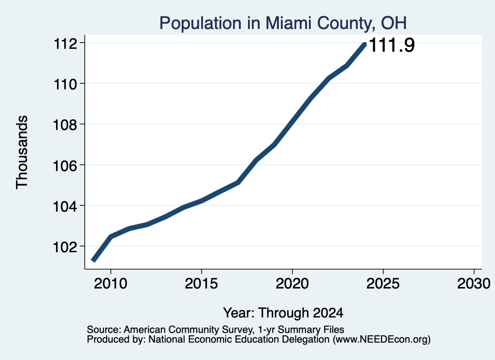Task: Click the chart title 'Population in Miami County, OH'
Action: pos(283,23)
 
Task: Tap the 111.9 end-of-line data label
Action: pos(392,45)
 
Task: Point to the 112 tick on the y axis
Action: pos(65,43)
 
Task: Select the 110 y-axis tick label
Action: pos(65,84)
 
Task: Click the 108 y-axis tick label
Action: pos(65,125)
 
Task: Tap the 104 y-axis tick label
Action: pos(65,206)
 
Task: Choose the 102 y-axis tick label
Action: pos(65,247)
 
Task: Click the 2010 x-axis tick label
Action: pos(111,284)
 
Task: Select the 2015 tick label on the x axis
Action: pos(202,284)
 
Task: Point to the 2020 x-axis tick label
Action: pos(292,284)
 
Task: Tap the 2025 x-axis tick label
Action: pos(383,284)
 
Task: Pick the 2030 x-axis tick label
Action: pos(474,284)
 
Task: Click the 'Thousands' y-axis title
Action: pos(22,152)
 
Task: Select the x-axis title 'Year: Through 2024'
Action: pos(283,313)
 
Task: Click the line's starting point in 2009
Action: pos(93,260)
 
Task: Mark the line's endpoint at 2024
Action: pos(365,44)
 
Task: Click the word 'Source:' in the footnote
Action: pos(104,330)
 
